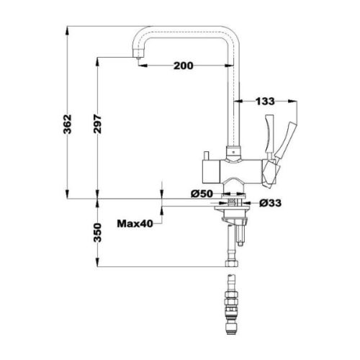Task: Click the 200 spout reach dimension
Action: pos(184,66)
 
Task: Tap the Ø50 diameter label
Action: pos(202,194)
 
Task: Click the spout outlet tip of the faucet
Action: pos(136,60)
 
